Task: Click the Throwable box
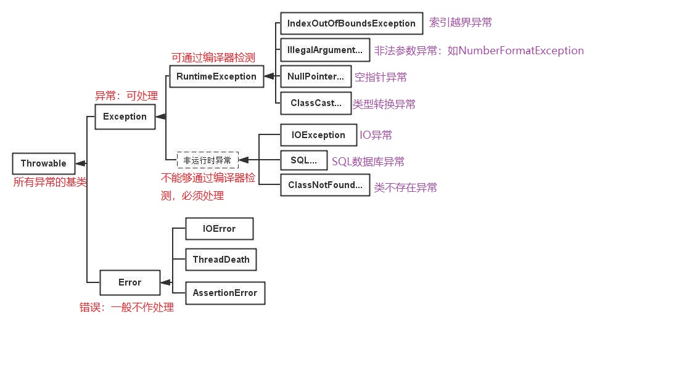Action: click(43, 163)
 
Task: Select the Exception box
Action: click(125, 117)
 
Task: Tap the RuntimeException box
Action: click(216, 76)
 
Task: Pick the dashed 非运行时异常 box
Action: click(207, 160)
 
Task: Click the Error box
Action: click(130, 282)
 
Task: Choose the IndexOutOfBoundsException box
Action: click(351, 23)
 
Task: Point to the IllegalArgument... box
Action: click(324, 50)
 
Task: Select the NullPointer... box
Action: click(315, 76)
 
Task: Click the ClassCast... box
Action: click(315, 103)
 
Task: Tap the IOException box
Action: click(318, 135)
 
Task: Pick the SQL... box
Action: click(303, 160)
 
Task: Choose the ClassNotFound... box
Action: click(324, 185)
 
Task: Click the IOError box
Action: click(219, 229)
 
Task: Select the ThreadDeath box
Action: click(221, 260)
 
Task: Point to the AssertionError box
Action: click(224, 293)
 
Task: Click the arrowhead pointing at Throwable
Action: click(80, 163)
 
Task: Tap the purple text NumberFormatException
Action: click(521, 51)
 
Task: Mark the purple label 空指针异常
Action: click(381, 77)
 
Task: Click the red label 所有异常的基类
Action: click(50, 182)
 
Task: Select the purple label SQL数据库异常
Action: click(368, 162)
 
